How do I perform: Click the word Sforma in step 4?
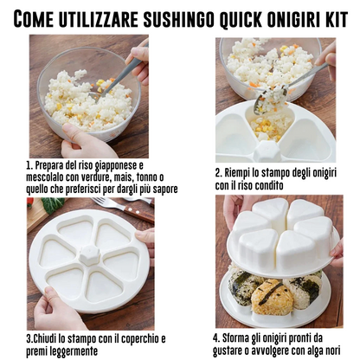(x=242, y=337)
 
